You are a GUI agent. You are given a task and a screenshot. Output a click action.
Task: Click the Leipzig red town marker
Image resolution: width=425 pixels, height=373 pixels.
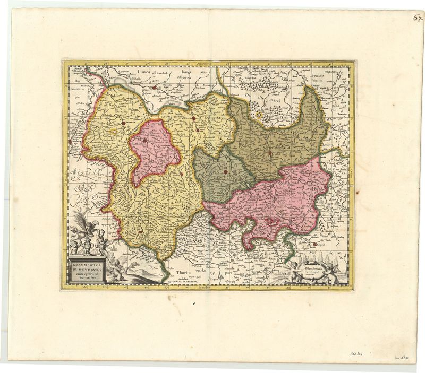[315, 245]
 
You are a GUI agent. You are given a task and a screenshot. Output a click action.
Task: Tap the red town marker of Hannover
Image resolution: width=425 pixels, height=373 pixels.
[123, 124]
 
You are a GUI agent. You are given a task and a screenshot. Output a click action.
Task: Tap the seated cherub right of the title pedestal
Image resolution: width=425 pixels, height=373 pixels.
[118, 270]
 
